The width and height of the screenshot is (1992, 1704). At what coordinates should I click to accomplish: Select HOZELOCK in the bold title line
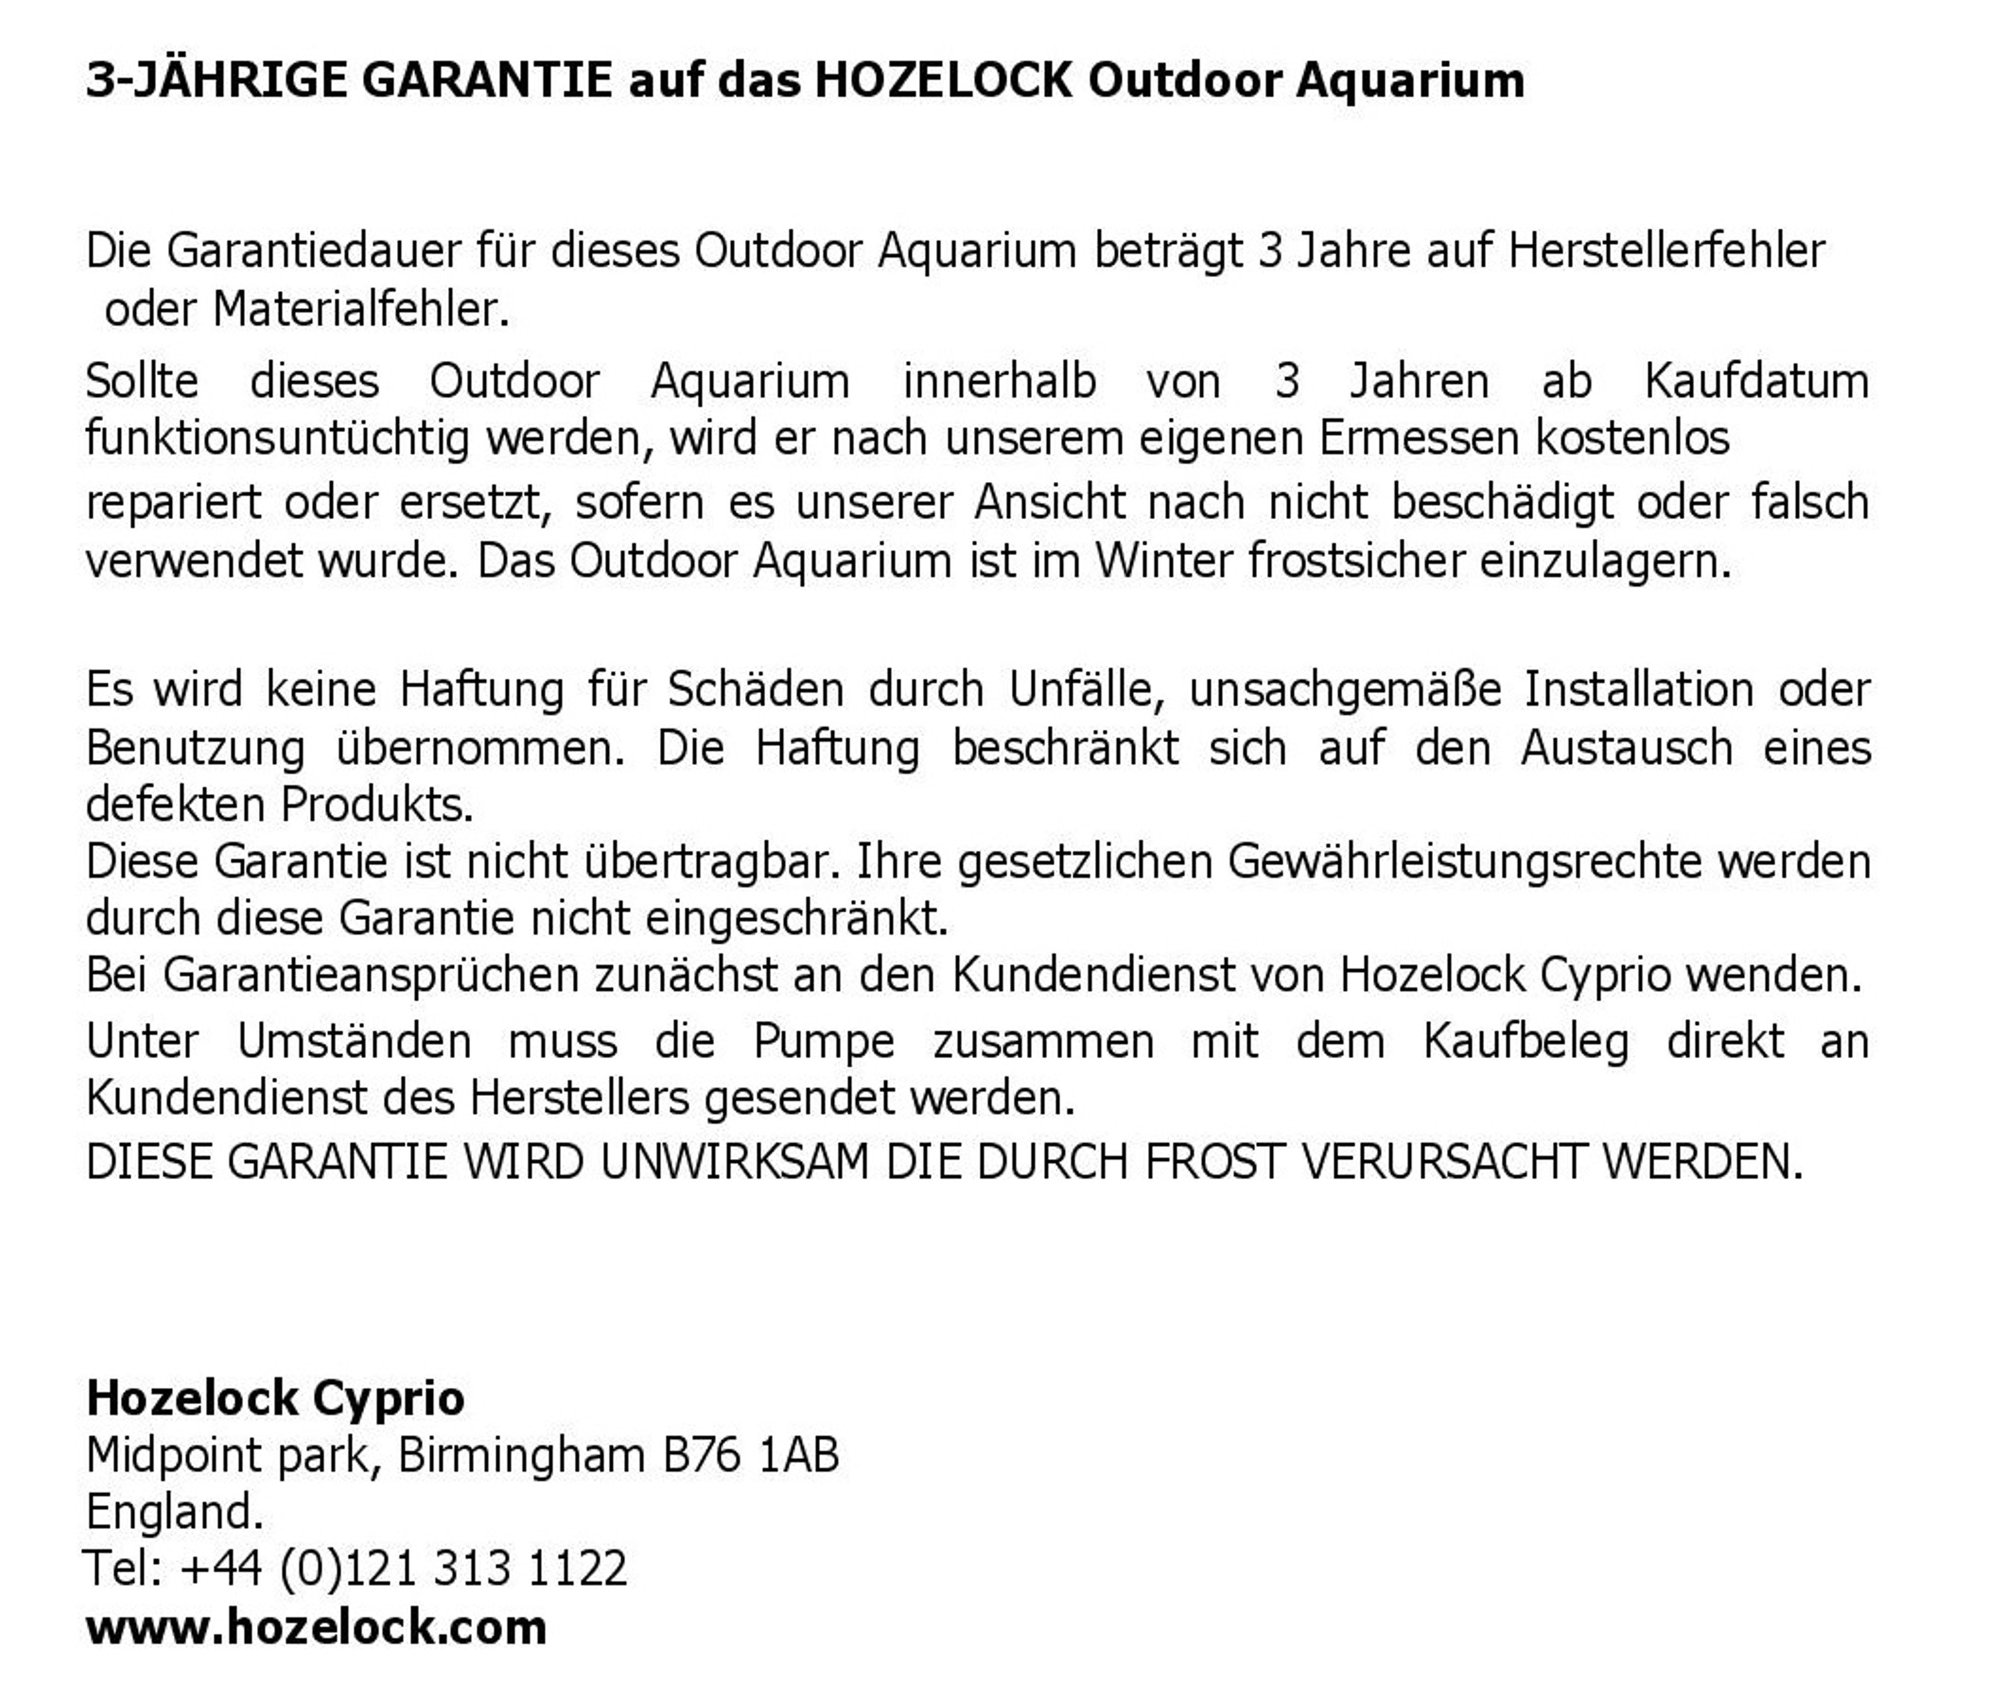coord(942,80)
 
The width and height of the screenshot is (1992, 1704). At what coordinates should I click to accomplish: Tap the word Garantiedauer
coord(313,252)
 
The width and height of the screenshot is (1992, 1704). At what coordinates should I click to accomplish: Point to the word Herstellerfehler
coord(1666,252)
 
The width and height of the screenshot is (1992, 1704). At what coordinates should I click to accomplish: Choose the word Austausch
coord(1627,747)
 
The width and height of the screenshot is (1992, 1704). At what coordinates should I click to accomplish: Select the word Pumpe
coord(824,1042)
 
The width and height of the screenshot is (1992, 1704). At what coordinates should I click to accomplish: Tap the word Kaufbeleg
coord(1526,1042)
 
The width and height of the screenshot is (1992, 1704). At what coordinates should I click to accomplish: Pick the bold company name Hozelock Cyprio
coord(276,1399)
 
